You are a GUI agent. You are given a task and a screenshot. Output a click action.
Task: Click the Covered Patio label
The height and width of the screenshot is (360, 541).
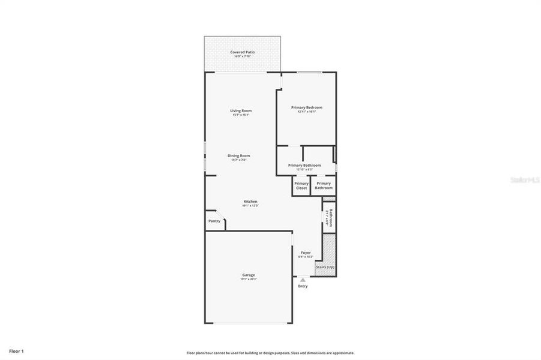(x=243, y=52)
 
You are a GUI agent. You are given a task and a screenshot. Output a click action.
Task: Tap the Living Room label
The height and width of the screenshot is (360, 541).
(x=241, y=110)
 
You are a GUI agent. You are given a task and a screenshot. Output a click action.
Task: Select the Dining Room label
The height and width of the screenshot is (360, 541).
(x=238, y=155)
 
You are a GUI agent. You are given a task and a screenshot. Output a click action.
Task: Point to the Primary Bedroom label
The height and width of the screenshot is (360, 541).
(x=306, y=107)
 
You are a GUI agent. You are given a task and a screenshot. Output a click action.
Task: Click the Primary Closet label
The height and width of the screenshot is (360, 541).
(x=301, y=185)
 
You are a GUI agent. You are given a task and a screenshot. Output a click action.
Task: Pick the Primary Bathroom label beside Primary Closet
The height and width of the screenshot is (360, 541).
(x=324, y=185)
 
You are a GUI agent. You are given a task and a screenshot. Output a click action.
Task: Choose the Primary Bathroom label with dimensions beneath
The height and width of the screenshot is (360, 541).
(x=304, y=165)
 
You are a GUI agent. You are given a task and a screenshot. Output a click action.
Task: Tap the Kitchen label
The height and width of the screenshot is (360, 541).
(x=250, y=201)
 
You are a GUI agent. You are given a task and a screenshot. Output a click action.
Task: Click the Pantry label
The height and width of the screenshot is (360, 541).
(x=214, y=221)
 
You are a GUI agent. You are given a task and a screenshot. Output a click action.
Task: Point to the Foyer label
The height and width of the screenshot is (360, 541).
(x=306, y=253)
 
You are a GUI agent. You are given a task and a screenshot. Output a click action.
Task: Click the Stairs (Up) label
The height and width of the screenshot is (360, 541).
(x=325, y=266)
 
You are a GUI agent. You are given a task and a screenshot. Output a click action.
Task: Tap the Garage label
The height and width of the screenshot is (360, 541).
(x=249, y=275)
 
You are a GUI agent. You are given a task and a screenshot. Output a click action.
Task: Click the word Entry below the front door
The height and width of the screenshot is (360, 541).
(x=303, y=286)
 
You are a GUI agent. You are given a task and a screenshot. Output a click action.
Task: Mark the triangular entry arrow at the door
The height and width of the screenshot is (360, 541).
(x=303, y=279)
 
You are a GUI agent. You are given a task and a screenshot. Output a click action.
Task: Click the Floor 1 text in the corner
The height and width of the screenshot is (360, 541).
(x=16, y=350)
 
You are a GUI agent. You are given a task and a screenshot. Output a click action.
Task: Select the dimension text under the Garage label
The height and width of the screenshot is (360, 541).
(x=249, y=279)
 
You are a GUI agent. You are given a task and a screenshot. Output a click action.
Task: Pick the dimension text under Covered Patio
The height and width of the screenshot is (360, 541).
(x=243, y=56)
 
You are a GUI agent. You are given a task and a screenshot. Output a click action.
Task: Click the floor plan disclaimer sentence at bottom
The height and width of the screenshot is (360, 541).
(x=270, y=353)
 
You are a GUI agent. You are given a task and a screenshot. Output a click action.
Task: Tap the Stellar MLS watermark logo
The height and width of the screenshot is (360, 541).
(x=525, y=179)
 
